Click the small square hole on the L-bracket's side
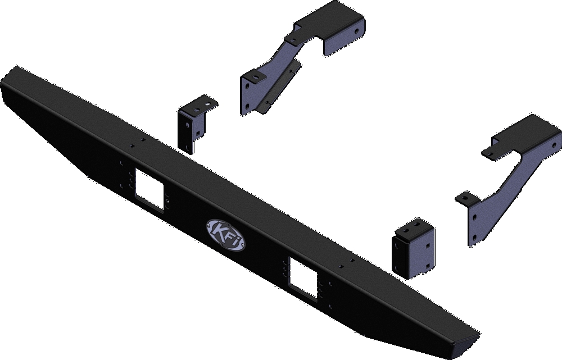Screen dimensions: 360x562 pyautogui.click(x=183, y=123)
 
